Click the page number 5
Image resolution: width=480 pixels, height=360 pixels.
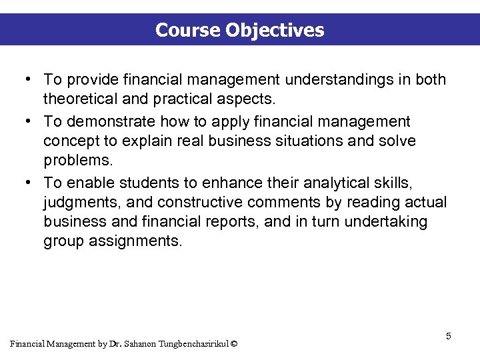tap(449, 336)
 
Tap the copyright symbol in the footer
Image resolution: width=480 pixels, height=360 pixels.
tap(233, 344)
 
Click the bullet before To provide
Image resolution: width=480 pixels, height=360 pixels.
tap(25, 80)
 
